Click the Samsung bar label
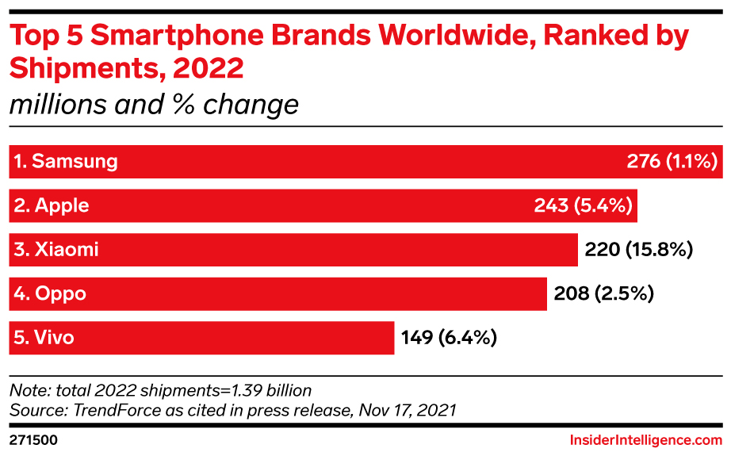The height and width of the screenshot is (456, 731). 65,162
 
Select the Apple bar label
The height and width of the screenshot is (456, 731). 51,206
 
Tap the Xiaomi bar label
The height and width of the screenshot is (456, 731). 55,251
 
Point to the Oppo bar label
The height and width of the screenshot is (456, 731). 49,294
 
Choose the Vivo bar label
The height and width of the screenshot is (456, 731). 44,338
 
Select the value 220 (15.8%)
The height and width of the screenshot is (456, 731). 639,251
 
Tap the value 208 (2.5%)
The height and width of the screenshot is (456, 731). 605,294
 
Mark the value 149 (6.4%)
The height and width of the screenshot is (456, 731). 449,338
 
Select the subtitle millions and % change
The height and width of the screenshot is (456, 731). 154,105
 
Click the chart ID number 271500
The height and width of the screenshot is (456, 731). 33,439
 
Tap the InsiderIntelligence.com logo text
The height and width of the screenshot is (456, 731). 646,439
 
